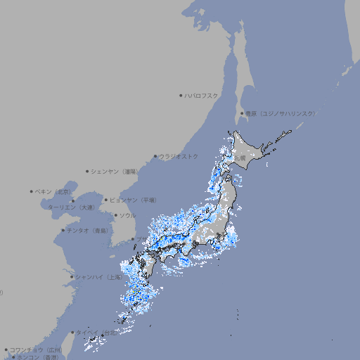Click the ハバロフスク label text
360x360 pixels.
201,96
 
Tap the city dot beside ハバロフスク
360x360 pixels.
181,96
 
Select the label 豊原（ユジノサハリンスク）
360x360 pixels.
280,113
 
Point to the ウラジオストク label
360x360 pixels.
179,156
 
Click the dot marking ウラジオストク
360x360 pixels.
155,156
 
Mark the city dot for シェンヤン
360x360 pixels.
87,171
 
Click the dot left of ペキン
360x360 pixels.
32,191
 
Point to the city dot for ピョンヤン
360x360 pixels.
107,200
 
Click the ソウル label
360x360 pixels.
127,215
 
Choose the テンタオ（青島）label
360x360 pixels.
88,230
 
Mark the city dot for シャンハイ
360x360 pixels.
72,277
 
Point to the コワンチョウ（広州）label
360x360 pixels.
35,349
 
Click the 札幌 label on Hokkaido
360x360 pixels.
240,158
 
